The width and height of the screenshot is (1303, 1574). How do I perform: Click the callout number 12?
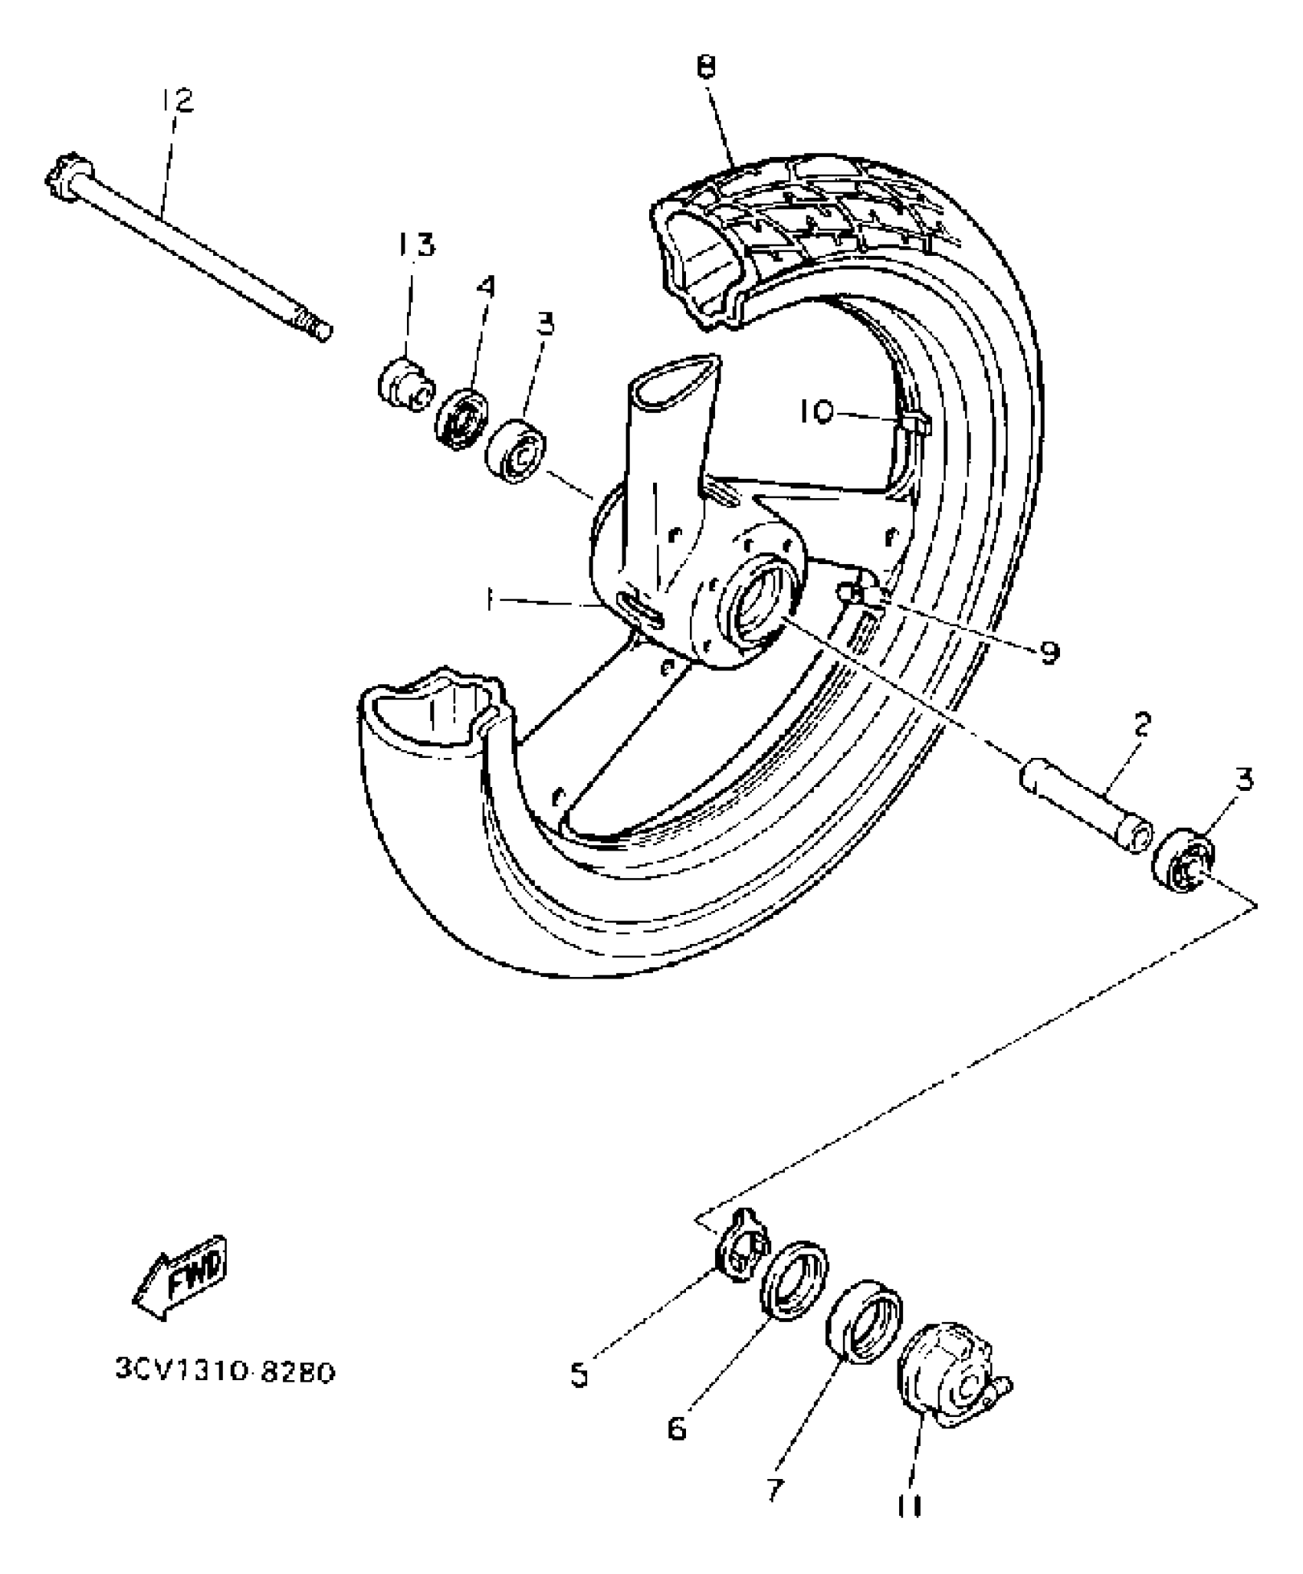tap(178, 100)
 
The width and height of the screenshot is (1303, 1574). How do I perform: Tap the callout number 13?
tap(416, 245)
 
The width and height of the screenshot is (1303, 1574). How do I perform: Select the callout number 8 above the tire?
tap(706, 68)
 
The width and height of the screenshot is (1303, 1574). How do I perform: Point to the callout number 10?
tap(816, 413)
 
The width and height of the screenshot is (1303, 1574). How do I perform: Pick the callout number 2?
tap(1142, 724)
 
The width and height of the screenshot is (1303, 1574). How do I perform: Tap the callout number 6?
tap(677, 1428)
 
